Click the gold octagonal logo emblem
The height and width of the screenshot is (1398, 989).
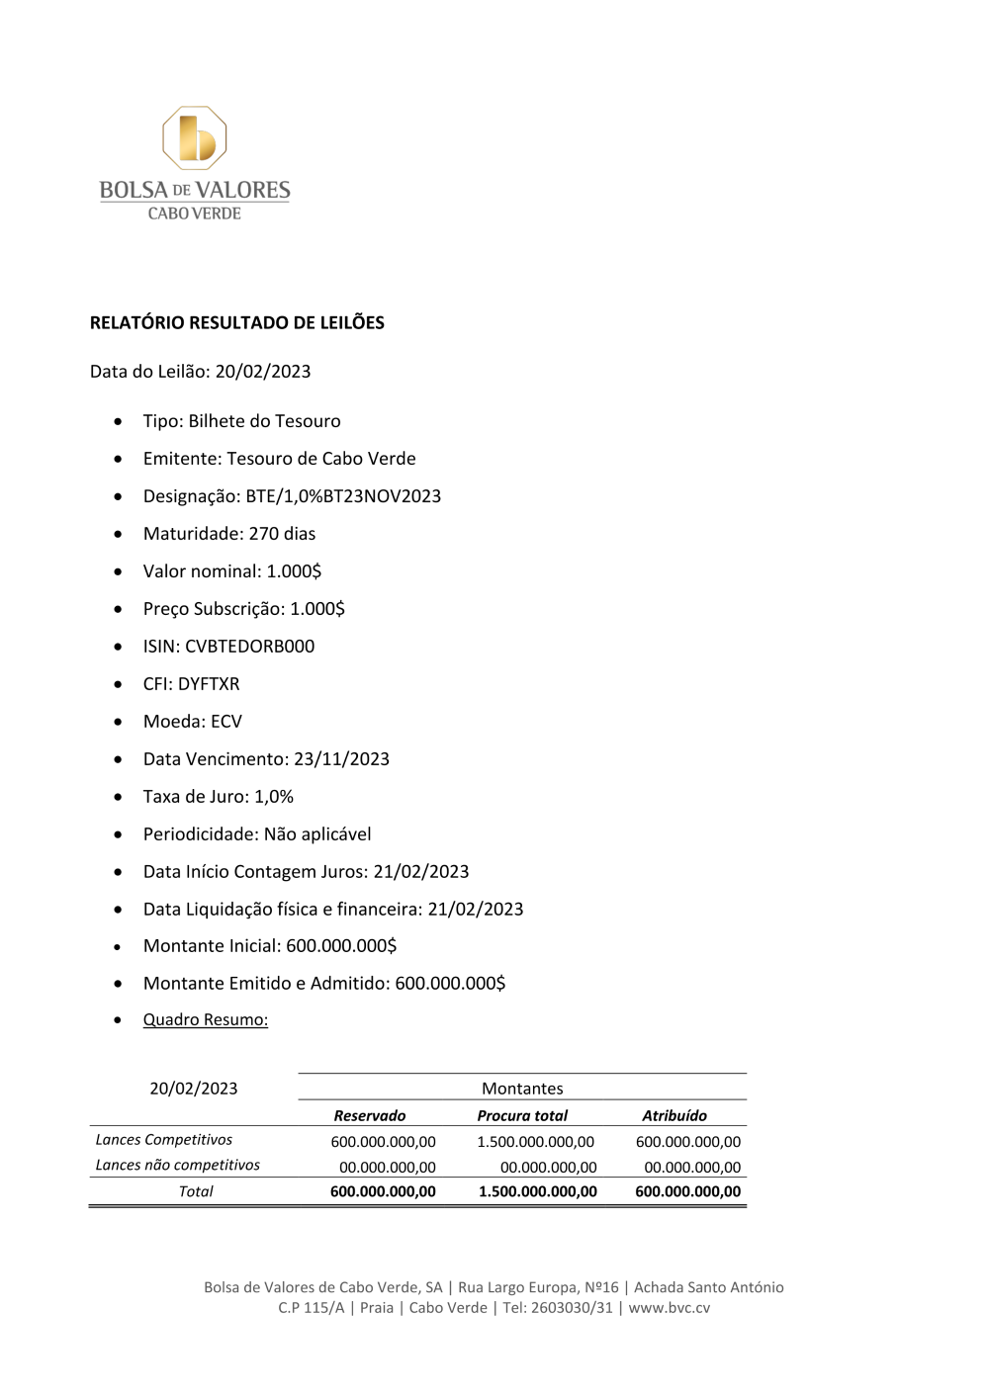[195, 138]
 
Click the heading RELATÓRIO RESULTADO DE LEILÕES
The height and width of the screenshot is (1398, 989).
[236, 322]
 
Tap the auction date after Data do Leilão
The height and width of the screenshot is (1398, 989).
[263, 372]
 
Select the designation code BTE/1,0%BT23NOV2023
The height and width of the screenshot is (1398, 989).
[343, 496]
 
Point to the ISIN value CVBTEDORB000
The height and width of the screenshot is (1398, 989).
[249, 647]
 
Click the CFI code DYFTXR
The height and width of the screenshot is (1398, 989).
[209, 684]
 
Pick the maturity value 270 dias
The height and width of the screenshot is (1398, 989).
[282, 534]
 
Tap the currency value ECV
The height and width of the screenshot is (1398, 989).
[226, 722]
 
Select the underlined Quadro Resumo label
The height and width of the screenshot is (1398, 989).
[206, 1019]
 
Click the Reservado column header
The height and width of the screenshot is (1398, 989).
[370, 1115]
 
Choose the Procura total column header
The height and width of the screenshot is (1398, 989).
[522, 1115]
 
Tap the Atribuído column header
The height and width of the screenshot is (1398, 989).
[674, 1115]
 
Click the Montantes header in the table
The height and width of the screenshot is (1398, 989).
[522, 1089]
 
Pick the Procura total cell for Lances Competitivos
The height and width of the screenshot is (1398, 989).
[536, 1142]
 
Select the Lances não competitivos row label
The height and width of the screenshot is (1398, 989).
[177, 1165]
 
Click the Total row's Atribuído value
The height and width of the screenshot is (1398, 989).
[688, 1191]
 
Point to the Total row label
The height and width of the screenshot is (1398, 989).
[196, 1191]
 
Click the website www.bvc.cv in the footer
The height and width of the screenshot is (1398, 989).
[670, 1308]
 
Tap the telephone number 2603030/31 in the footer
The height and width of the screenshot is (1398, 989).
[572, 1308]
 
